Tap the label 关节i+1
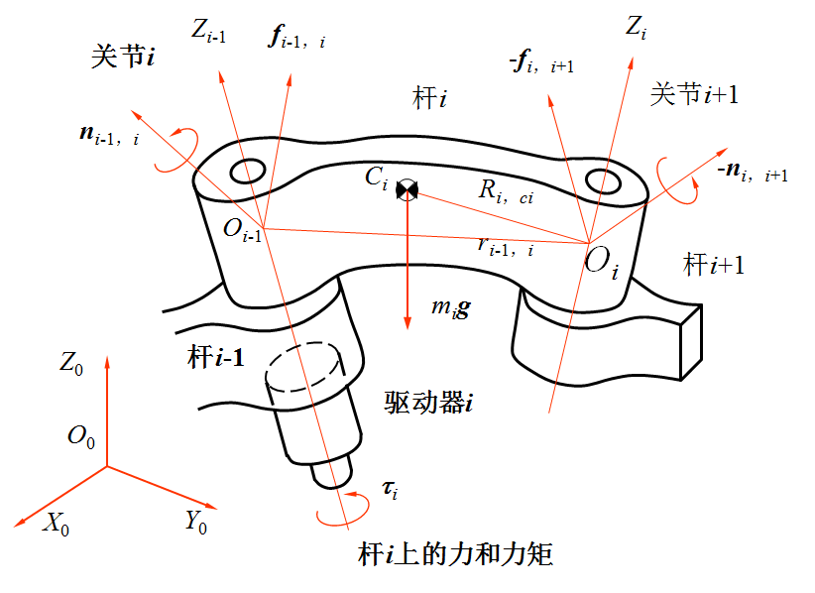(x=693, y=95)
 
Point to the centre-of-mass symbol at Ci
(x=407, y=189)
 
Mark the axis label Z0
(x=71, y=364)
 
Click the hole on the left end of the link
(x=247, y=171)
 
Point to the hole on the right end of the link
(x=603, y=181)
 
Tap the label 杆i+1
(x=714, y=265)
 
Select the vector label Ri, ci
(x=506, y=192)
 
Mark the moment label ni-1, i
(x=109, y=133)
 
